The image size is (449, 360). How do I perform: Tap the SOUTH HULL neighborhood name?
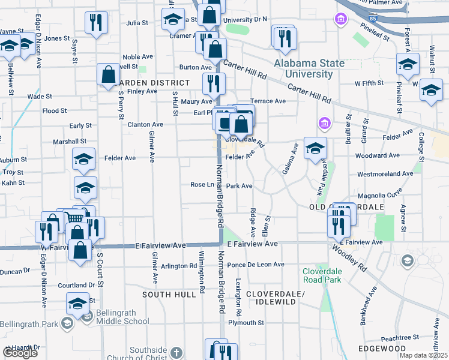[x=169, y=295]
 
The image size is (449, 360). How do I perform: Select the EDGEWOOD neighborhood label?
[x=382, y=349]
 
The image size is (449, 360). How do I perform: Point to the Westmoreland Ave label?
[x=385, y=173]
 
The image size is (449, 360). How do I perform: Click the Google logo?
[x=20, y=353]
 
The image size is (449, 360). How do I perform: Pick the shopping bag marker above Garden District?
[x=109, y=76]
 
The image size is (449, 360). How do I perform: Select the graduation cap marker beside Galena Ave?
[x=315, y=148]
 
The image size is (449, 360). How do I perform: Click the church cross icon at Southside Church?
[x=176, y=352]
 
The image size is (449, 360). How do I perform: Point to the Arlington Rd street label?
[x=179, y=266]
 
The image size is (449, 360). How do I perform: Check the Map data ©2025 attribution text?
[x=423, y=355]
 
